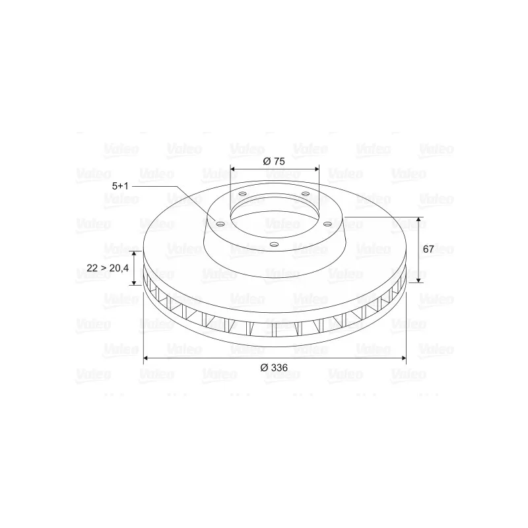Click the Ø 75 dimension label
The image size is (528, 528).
pyautogui.click(x=274, y=161)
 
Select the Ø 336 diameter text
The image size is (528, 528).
pyautogui.click(x=274, y=368)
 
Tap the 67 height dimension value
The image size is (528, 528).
pyautogui.click(x=428, y=249)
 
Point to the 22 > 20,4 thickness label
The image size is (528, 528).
pyautogui.click(x=108, y=268)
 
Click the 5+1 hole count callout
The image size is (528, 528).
pyautogui.click(x=120, y=186)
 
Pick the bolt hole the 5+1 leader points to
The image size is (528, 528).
pyautogui.click(x=220, y=224)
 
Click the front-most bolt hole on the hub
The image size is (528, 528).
pyautogui.click(x=275, y=244)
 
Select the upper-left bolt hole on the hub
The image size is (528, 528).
pyautogui.click(x=242, y=194)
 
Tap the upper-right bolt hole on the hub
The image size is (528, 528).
pyautogui.click(x=306, y=193)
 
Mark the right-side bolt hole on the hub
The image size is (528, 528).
pyautogui.click(x=327, y=224)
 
